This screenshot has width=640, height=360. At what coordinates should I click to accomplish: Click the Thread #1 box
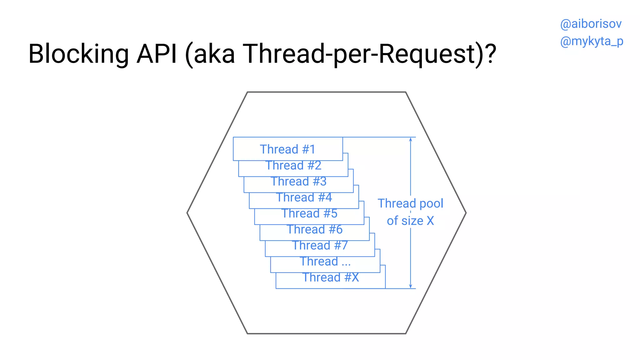point(288,149)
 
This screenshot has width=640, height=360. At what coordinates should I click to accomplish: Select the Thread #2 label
point(293,165)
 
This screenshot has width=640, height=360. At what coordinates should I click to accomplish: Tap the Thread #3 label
point(299,181)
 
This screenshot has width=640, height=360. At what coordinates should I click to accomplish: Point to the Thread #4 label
point(304,197)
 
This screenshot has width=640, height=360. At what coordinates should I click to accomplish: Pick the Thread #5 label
point(309,213)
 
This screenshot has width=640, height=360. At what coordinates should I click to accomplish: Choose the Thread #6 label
point(315,229)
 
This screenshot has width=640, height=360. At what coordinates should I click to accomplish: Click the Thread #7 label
point(320,245)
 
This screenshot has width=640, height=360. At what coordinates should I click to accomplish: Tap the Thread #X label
point(331,277)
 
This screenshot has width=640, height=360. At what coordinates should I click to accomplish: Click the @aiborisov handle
point(591,24)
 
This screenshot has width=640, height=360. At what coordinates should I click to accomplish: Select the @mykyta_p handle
point(592,41)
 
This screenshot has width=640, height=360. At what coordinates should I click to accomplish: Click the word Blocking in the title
point(78,54)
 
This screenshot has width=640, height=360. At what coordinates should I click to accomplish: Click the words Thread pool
point(410,203)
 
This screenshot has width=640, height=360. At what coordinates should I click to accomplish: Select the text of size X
point(410,221)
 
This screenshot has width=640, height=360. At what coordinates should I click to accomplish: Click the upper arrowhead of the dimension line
point(411,139)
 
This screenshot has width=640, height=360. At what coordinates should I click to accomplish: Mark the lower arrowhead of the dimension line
point(411,286)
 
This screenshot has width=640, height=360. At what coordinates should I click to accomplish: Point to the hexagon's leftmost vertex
point(187,213)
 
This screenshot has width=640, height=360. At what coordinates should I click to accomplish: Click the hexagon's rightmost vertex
point(466,213)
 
